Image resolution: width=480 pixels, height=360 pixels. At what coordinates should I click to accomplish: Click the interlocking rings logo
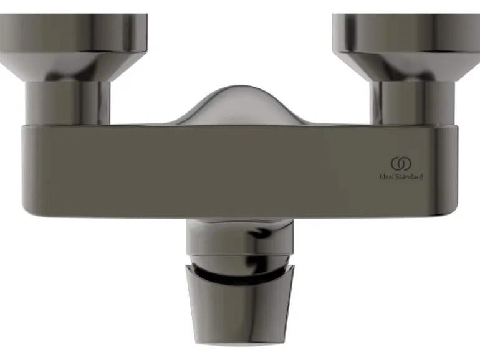(x=401, y=164)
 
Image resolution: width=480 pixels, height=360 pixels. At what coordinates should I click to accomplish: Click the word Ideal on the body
(x=387, y=177)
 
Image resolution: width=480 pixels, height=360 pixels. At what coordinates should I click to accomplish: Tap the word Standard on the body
(x=410, y=177)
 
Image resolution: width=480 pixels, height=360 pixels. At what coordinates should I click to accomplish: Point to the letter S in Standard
(x=398, y=177)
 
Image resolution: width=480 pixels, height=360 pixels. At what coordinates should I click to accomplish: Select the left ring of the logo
(x=392, y=164)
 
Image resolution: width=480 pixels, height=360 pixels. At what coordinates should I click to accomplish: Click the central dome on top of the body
(x=240, y=105)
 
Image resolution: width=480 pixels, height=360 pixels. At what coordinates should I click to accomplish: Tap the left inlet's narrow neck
(x=67, y=103)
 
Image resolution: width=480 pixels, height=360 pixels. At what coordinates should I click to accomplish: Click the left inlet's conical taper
(x=67, y=66)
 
